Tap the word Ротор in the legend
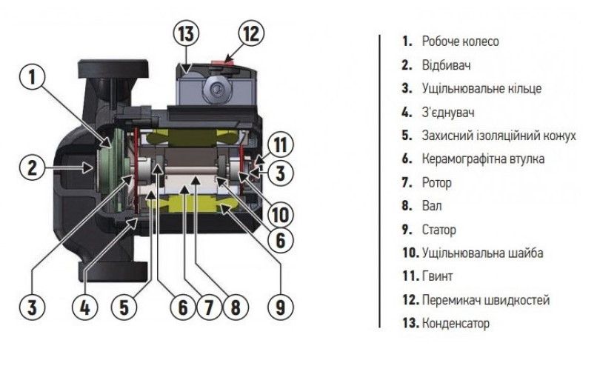coord(436,182)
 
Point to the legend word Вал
coord(431,206)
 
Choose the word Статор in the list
coord(439,230)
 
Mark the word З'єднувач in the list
coord(448,112)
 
